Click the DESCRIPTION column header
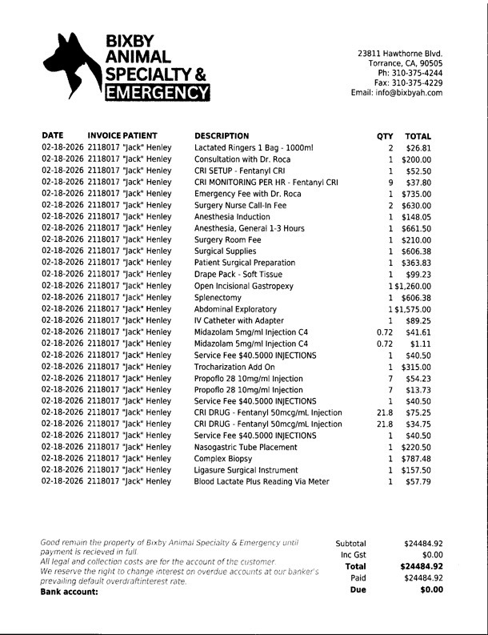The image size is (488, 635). [222, 136]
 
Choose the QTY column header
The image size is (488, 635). [385, 136]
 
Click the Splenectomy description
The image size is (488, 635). [219, 297]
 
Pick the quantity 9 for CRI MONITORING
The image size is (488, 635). [390, 183]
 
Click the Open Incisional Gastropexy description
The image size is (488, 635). [243, 286]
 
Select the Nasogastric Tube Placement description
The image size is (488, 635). [246, 448]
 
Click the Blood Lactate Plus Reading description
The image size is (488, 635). [262, 482]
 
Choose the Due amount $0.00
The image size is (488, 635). [431, 590]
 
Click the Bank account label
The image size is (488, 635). [69, 592]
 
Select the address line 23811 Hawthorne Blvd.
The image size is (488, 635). [400, 54]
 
